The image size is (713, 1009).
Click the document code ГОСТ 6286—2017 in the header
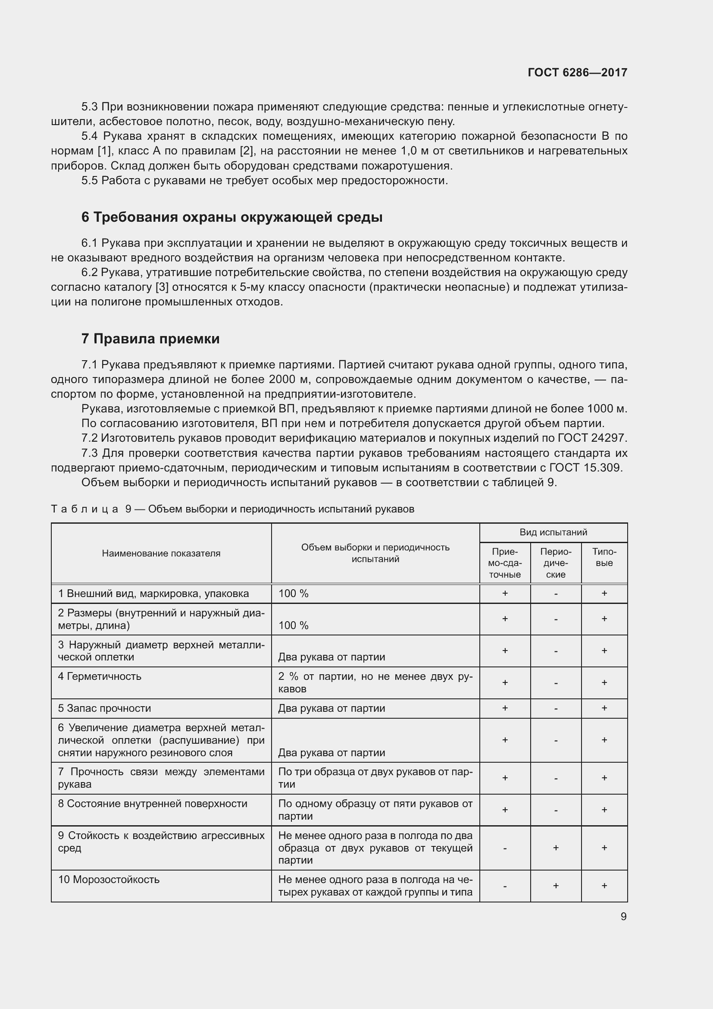click(577, 72)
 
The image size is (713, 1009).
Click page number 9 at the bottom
click(623, 917)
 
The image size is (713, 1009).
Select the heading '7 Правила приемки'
click(150, 339)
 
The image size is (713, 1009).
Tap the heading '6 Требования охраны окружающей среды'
click(232, 217)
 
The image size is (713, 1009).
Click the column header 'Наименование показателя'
click(161, 553)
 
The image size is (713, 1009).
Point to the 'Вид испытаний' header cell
click(553, 532)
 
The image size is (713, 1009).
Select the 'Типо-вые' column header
click(604, 557)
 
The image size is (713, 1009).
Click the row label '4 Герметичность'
click(100, 676)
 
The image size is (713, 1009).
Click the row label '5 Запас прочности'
click(104, 708)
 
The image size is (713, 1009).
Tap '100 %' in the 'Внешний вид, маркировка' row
click(293, 594)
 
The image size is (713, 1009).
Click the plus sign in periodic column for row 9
click(555, 848)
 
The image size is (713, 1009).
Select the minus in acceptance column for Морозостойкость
click(505, 886)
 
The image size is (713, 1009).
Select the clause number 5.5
click(90, 181)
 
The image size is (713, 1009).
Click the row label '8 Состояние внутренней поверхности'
click(153, 804)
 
